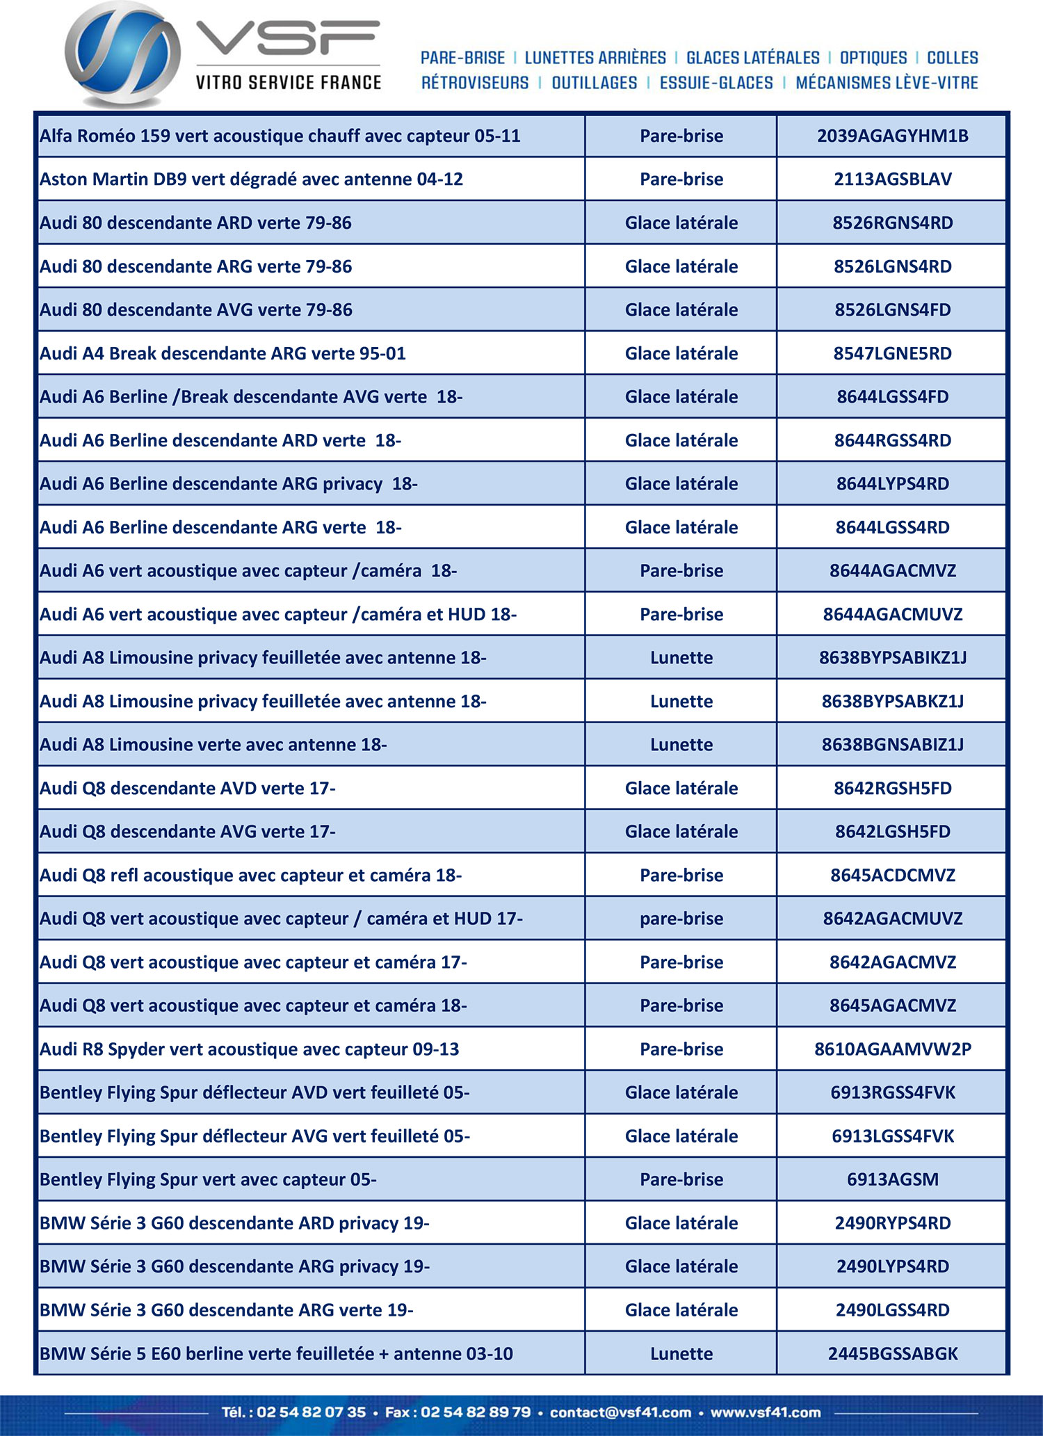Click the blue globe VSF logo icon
pyautogui.click(x=123, y=54)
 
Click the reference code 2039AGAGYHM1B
pyautogui.click(x=892, y=136)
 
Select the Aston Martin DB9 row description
pyautogui.click(x=251, y=179)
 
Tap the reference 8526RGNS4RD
pyautogui.click(x=892, y=223)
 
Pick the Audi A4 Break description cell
pyautogui.click(x=223, y=353)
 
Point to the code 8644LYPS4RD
pyautogui.click(x=892, y=484)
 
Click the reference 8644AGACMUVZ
pyautogui.click(x=892, y=615)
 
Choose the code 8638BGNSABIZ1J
pyautogui.click(x=892, y=745)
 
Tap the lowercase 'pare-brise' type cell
pyautogui.click(x=681, y=919)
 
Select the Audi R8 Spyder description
pyautogui.click(x=249, y=1049)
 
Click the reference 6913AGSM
pyautogui.click(x=892, y=1179)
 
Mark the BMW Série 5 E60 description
pyautogui.click(x=276, y=1354)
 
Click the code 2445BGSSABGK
pyautogui.click(x=892, y=1354)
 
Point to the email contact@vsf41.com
pyautogui.click(x=620, y=1412)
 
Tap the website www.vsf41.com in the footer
pyautogui.click(x=765, y=1412)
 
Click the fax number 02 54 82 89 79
pyautogui.click(x=476, y=1412)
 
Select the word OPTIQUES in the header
pyautogui.click(x=873, y=58)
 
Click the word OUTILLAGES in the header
pyautogui.click(x=594, y=83)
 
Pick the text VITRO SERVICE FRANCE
pyautogui.click(x=288, y=83)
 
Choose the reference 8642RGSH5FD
pyautogui.click(x=892, y=789)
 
